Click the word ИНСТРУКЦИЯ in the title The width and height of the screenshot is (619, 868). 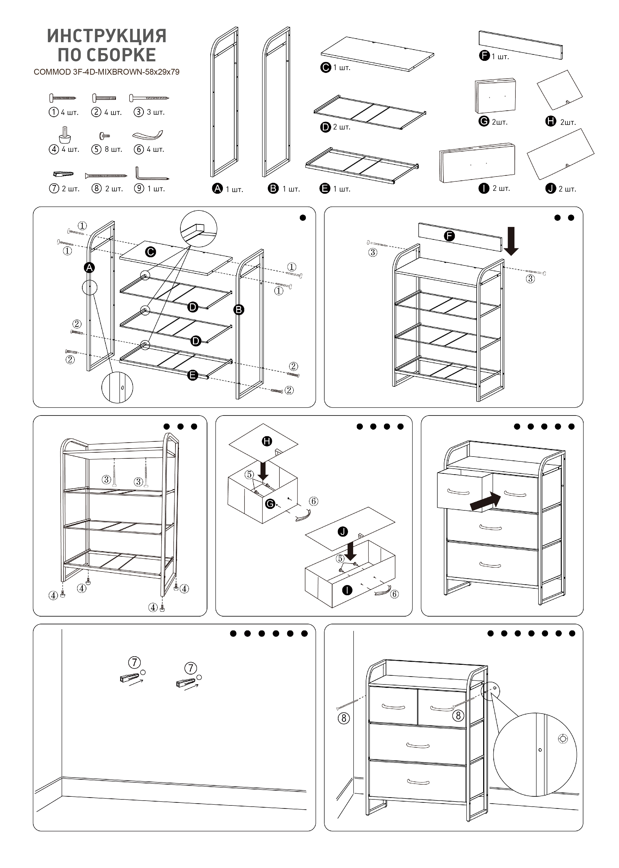click(107, 36)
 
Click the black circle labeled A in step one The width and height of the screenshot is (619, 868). click(89, 268)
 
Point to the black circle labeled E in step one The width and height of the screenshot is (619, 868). click(193, 375)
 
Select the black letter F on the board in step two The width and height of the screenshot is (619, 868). click(449, 236)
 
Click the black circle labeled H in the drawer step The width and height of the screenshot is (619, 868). click(267, 441)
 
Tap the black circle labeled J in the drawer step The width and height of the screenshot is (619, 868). click(343, 532)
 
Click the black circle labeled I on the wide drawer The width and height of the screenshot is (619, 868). click(347, 590)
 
